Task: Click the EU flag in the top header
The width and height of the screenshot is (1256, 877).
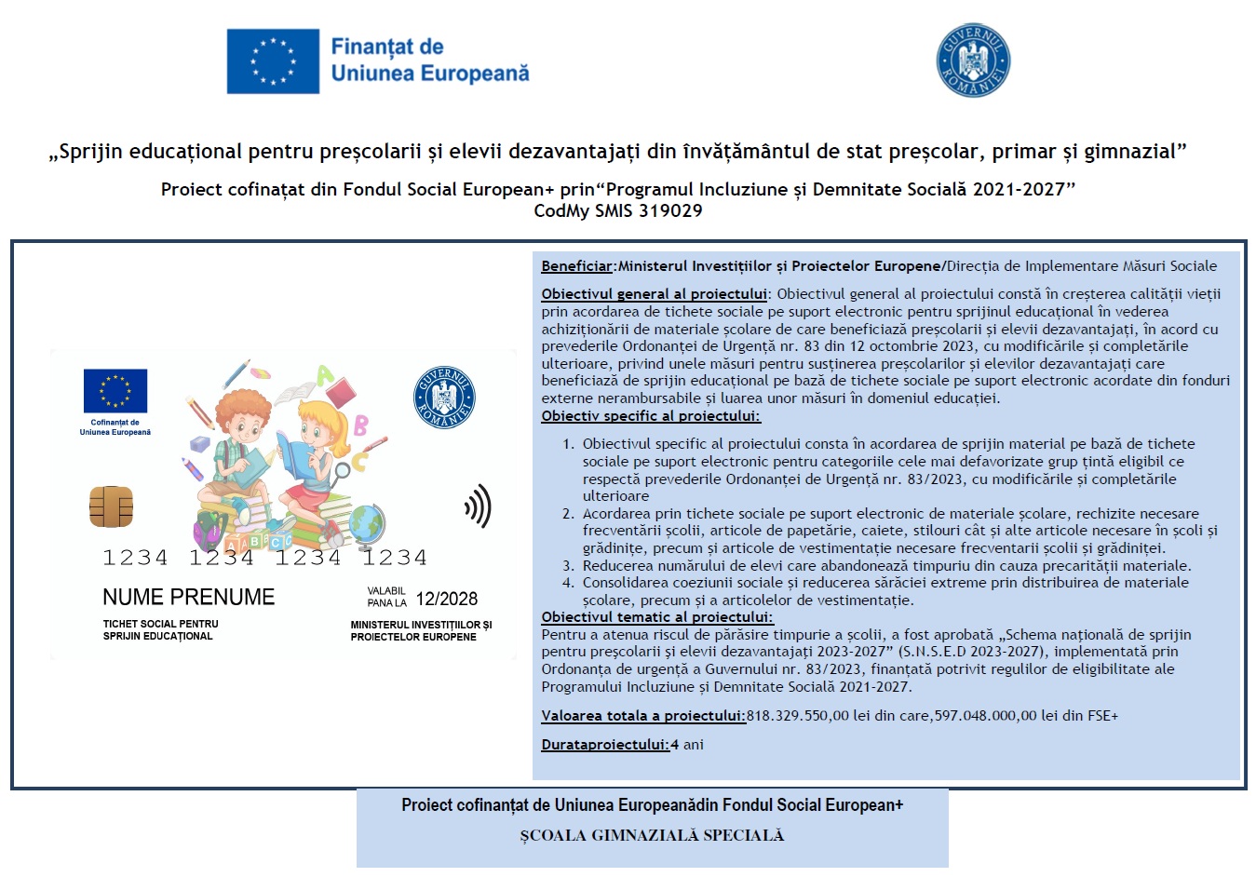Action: point(273,61)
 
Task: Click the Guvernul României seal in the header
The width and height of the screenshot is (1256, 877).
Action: point(973,61)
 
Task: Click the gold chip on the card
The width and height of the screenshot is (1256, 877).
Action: point(111,506)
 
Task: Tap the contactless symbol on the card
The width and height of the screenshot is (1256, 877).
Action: point(478,506)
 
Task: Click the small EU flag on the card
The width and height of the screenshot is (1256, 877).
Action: point(115,391)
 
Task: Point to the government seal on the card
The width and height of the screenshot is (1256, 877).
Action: point(444,398)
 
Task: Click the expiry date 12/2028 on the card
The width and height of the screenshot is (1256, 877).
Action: point(447,599)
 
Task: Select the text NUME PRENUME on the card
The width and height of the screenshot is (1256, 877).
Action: point(189,597)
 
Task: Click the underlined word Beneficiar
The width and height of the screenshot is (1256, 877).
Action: point(577,266)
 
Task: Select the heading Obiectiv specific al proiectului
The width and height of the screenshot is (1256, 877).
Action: point(651,416)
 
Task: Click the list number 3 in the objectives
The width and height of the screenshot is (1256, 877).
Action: point(568,565)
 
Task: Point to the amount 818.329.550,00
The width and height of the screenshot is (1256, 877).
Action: point(798,716)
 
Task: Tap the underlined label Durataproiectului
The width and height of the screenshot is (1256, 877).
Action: point(605,745)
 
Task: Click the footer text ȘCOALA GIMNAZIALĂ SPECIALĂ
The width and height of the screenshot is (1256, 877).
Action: point(652,835)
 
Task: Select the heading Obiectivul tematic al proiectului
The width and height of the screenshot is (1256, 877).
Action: point(656,617)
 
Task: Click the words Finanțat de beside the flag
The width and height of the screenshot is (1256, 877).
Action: point(387,47)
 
